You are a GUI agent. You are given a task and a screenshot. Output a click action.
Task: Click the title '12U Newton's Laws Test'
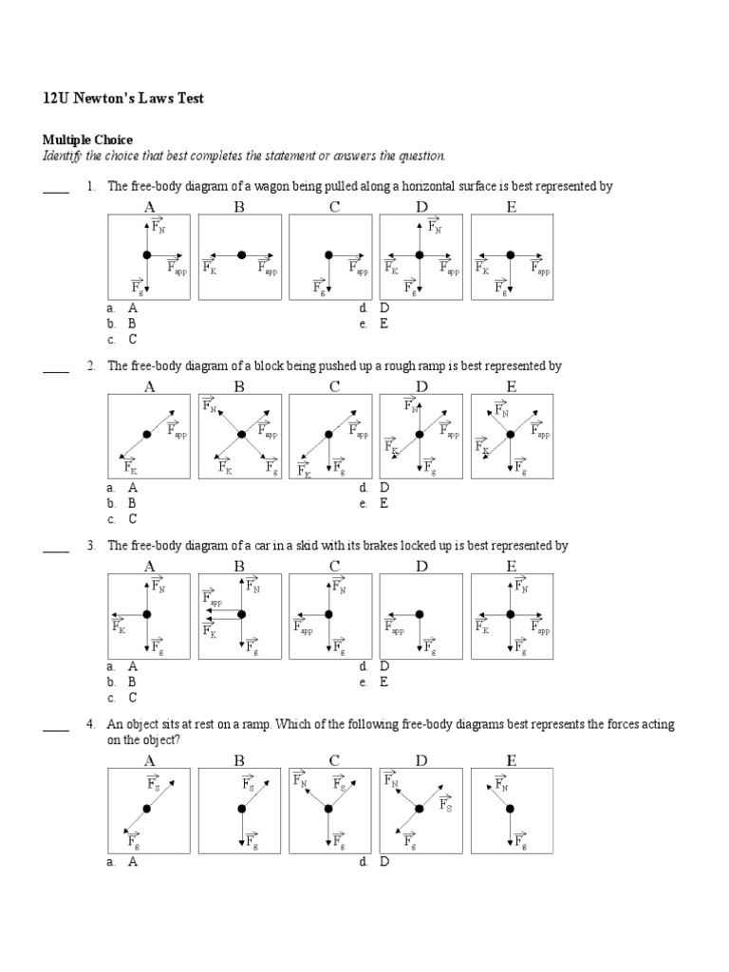123,98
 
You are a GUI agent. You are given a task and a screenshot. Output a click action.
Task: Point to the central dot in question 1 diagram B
241,254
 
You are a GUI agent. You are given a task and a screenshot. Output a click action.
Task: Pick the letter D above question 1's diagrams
421,206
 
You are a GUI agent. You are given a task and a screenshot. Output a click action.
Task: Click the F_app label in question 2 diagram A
178,433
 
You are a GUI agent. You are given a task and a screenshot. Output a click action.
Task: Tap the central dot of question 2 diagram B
241,434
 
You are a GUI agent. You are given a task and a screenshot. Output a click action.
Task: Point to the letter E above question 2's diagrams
512,386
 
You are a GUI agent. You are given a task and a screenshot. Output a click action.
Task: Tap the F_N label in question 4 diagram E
501,784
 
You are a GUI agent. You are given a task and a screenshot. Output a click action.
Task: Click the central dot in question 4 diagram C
328,809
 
